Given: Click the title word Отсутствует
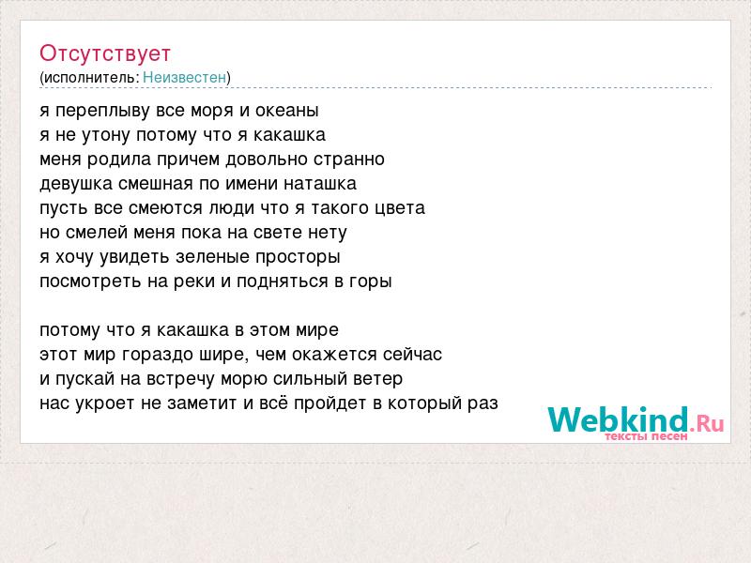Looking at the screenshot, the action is (x=105, y=53).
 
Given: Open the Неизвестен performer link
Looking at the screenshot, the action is (x=184, y=77).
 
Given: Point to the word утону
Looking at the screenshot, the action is (x=106, y=135).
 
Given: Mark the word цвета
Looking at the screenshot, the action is (x=401, y=208).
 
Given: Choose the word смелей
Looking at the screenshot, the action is (x=97, y=232).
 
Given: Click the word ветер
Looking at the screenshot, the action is (x=378, y=379).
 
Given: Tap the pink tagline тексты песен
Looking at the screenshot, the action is (x=646, y=436).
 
